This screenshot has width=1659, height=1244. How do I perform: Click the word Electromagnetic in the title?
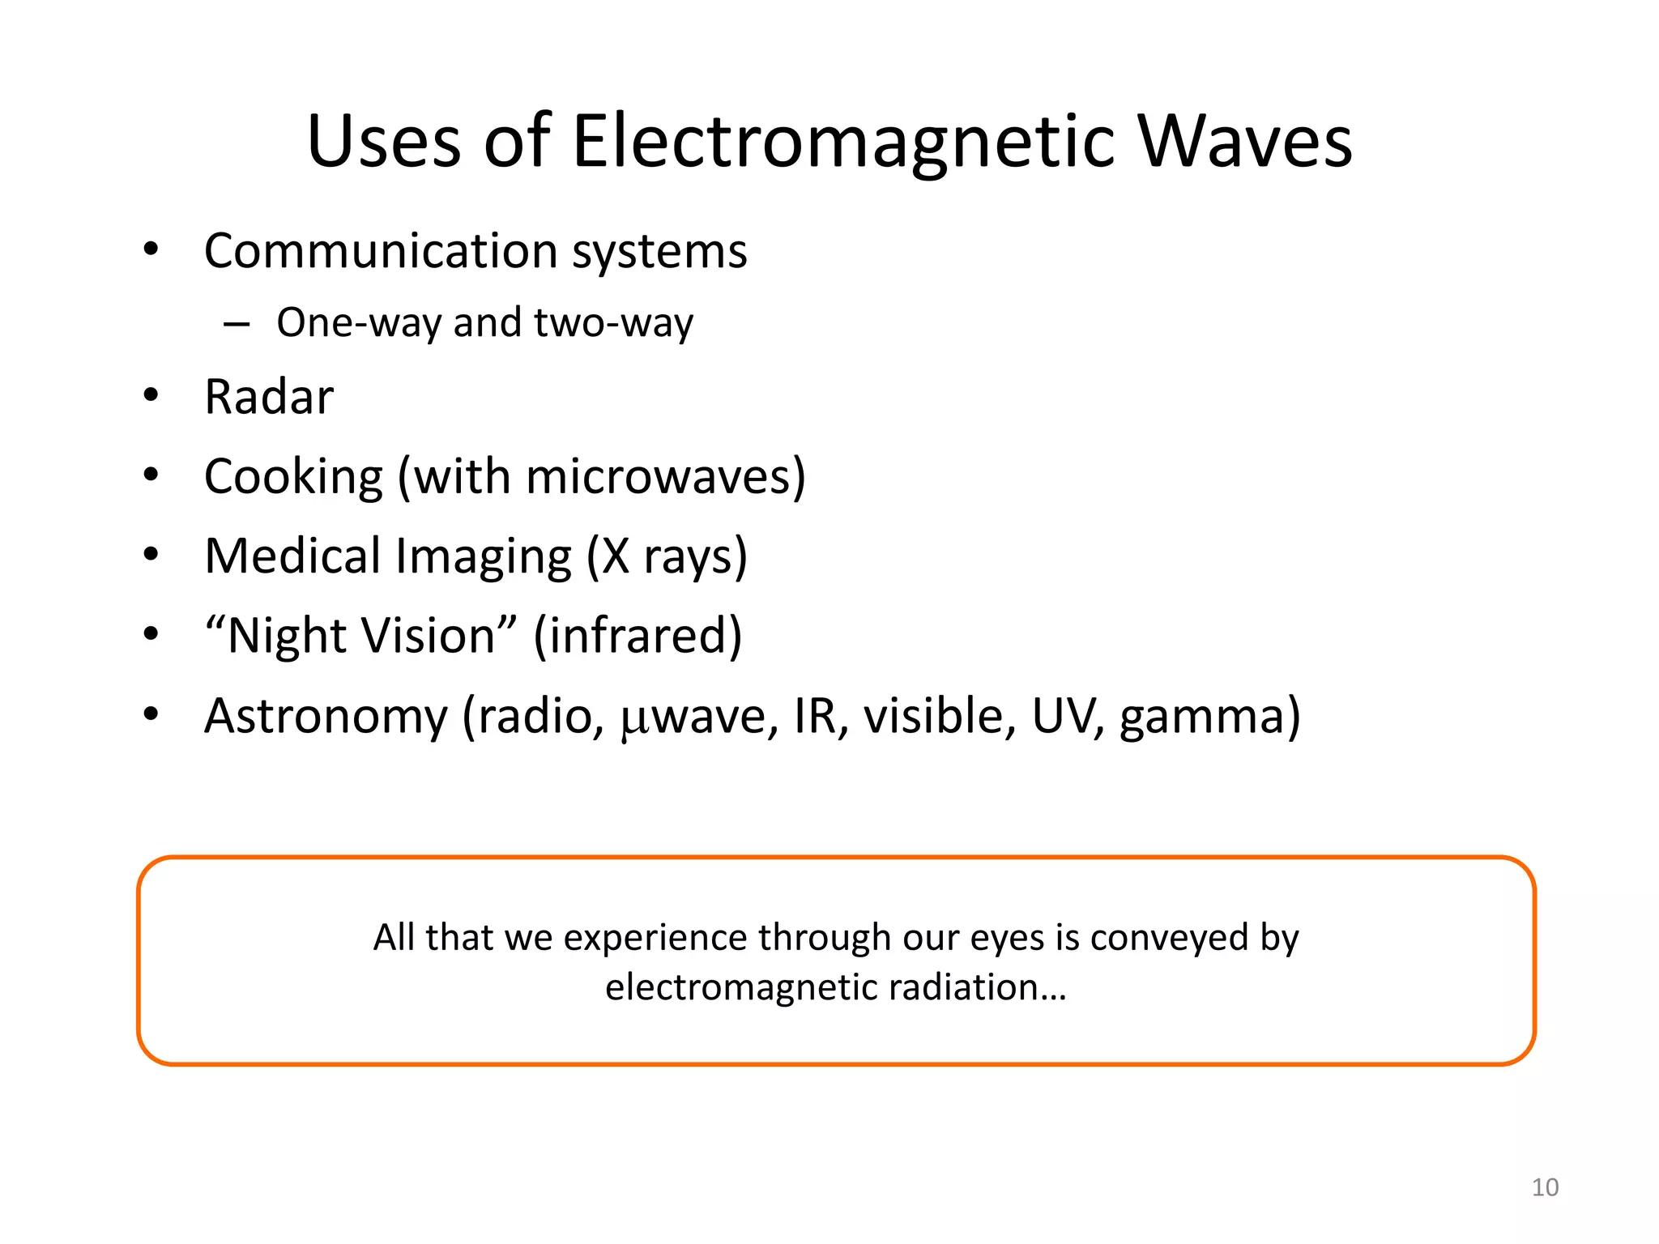pos(842,142)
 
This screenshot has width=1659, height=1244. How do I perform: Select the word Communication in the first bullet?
pos(381,251)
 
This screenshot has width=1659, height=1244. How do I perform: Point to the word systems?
pos(659,253)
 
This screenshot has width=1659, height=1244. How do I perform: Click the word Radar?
pos(269,397)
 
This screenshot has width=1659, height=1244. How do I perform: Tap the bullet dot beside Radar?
pos(151,396)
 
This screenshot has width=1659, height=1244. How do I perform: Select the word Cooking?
pos(293,477)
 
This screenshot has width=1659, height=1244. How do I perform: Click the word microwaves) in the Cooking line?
pos(665,476)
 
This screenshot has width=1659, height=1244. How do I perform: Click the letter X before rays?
pos(616,556)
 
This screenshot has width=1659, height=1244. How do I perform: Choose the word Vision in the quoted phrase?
pos(429,636)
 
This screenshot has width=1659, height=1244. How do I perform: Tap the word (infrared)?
pos(638,636)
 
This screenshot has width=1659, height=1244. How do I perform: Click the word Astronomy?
pos(326,717)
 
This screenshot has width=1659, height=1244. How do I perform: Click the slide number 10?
pos(1545,1187)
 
